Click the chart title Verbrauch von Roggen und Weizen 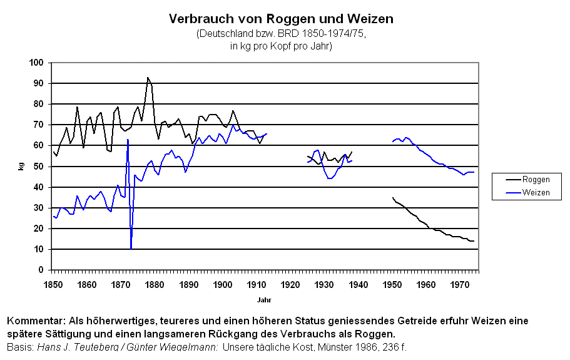point(281,19)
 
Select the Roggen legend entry point(536,180)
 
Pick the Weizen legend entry point(536,192)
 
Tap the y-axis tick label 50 point(39,167)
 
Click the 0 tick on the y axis point(41,270)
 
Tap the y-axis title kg point(21,167)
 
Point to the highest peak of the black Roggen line point(148,77)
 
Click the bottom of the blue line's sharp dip point(131,249)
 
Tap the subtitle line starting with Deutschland point(281,34)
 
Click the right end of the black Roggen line point(474,241)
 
